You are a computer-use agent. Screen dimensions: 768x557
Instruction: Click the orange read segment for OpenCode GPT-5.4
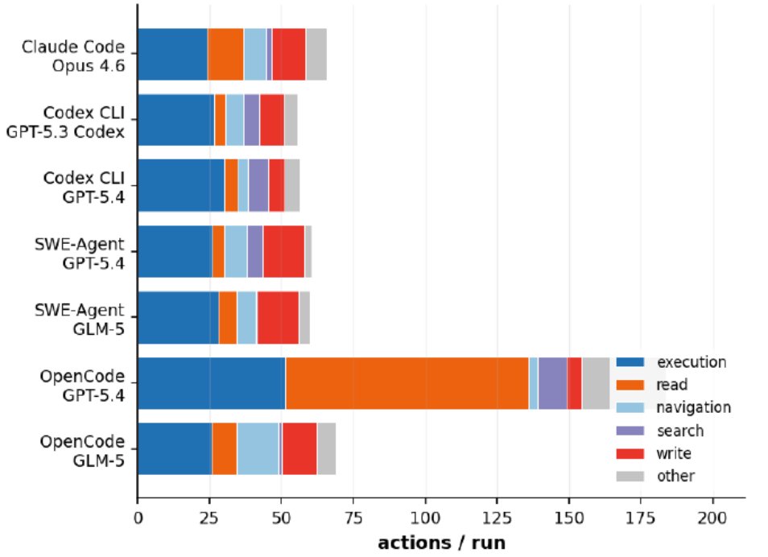[407, 383]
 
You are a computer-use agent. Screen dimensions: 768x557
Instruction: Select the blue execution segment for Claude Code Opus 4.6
[173, 55]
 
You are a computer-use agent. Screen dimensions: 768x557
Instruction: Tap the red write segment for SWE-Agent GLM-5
[278, 317]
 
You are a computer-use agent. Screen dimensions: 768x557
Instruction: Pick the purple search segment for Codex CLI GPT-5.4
[258, 185]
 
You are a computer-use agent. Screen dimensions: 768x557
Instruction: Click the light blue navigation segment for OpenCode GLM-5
[258, 448]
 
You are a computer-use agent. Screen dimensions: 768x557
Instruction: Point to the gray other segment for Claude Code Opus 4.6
[316, 55]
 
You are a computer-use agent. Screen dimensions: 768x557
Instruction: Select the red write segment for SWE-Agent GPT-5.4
[283, 251]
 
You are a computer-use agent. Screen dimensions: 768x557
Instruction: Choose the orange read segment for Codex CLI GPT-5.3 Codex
[220, 120]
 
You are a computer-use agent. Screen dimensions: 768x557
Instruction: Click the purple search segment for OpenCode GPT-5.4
[553, 383]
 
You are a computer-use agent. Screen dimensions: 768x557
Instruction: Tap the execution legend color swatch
[630, 362]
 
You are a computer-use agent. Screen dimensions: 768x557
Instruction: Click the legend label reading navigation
[694, 407]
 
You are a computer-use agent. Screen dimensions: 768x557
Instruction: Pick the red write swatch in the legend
[630, 454]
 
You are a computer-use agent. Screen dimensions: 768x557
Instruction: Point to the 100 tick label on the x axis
[425, 518]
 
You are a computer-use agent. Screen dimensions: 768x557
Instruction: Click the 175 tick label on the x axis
[641, 518]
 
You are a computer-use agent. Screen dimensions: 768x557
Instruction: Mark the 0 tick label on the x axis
[138, 518]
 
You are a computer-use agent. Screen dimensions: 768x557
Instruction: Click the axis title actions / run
[442, 543]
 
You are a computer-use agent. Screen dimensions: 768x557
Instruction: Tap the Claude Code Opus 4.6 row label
[73, 56]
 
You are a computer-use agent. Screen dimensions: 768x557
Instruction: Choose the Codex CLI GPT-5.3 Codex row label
[65, 122]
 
